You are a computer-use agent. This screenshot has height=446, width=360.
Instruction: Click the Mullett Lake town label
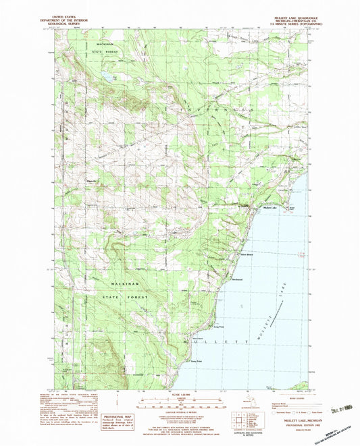270,209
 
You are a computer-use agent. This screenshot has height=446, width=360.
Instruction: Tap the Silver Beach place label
247,254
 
